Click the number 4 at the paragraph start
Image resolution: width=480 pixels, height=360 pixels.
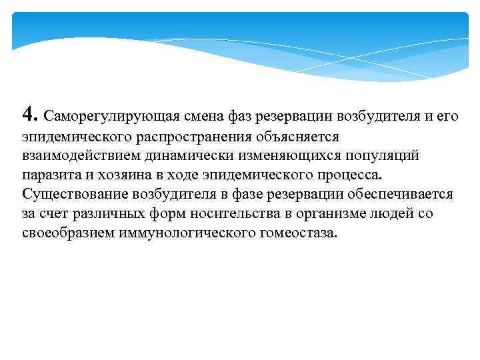pos(27,114)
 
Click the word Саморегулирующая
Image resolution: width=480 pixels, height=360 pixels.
pos(99,117)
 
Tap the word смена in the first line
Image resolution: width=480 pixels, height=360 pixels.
pos(184,117)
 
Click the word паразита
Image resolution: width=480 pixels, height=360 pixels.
pos(48,175)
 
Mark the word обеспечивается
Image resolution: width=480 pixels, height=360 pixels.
pos(403,195)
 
